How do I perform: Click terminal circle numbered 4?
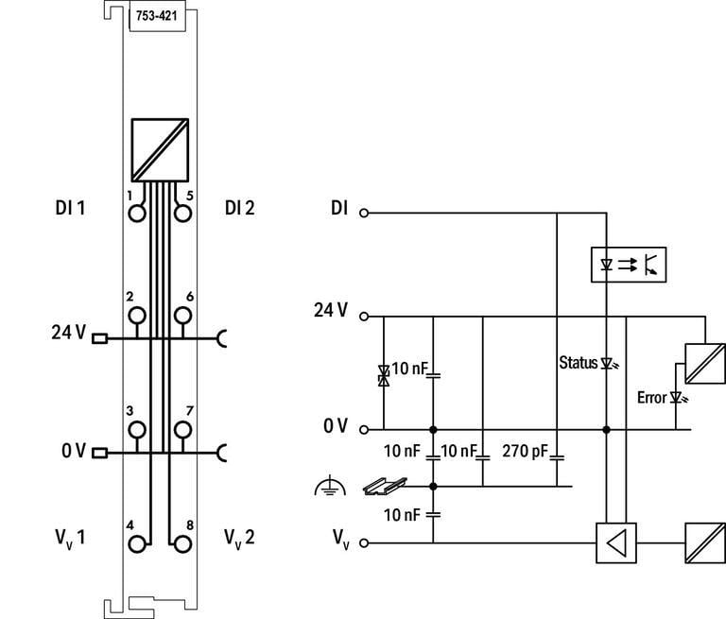coord(138,543)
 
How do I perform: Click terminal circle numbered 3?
coord(138,429)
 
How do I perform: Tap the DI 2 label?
coord(240,208)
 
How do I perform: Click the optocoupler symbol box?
coord(628,264)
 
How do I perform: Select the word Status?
coord(578,362)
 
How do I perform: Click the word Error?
coord(651,398)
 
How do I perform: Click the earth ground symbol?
coord(325,488)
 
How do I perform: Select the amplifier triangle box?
coord(616,543)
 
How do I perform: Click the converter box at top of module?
coord(162,150)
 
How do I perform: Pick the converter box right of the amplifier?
coord(703,543)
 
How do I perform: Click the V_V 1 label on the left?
coord(70,540)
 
